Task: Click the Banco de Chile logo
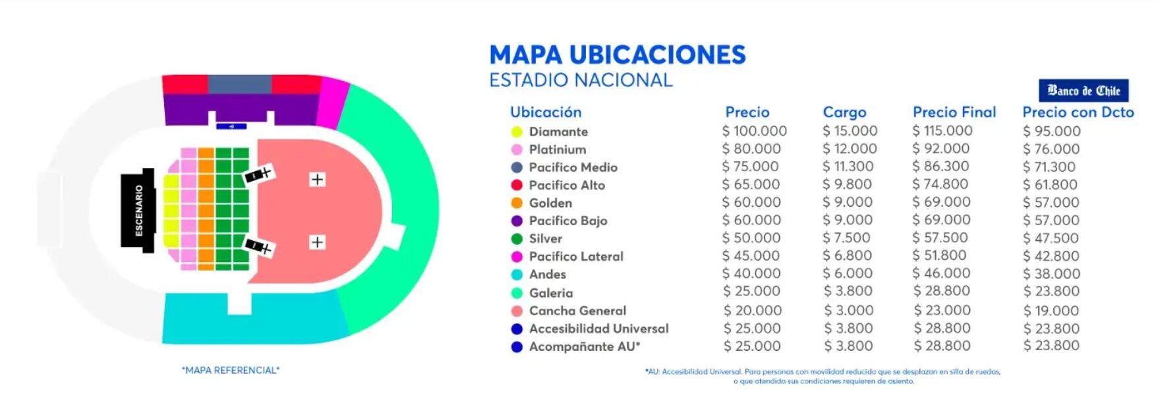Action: pos(1084,90)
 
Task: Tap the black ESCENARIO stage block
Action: pos(138,211)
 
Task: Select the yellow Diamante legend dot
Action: pos(517,132)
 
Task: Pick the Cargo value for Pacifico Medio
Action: pos(848,167)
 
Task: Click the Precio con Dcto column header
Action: pos(1078,112)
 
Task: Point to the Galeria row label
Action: pos(551,293)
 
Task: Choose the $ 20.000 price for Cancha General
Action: pos(753,310)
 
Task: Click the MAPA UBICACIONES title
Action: pos(618,55)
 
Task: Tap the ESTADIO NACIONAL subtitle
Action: pos(581,80)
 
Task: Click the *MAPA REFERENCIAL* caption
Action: pos(231,370)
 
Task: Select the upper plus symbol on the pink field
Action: pos(317,179)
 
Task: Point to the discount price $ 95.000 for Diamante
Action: pos(1051,131)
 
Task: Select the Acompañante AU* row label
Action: pos(585,346)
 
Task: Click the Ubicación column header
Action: pos(546,112)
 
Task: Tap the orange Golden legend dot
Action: pos(517,203)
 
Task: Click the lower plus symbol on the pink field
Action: pos(317,242)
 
